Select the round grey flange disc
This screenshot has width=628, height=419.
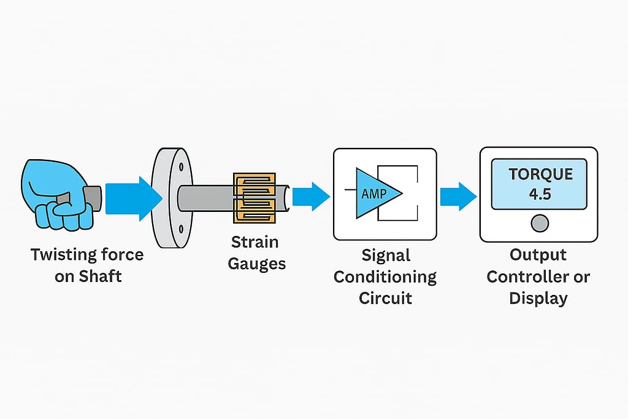tap(168, 197)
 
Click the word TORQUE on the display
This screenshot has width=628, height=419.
tap(540, 174)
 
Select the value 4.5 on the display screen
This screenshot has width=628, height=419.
tap(540, 195)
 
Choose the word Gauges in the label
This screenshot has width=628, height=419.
tap(256, 264)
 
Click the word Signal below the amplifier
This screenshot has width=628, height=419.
tap(385, 254)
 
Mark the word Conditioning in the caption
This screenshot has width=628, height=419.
tap(385, 276)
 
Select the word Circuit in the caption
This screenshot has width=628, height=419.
tap(385, 298)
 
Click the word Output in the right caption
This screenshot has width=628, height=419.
tap(538, 254)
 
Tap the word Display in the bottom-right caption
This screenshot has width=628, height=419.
tap(538, 298)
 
